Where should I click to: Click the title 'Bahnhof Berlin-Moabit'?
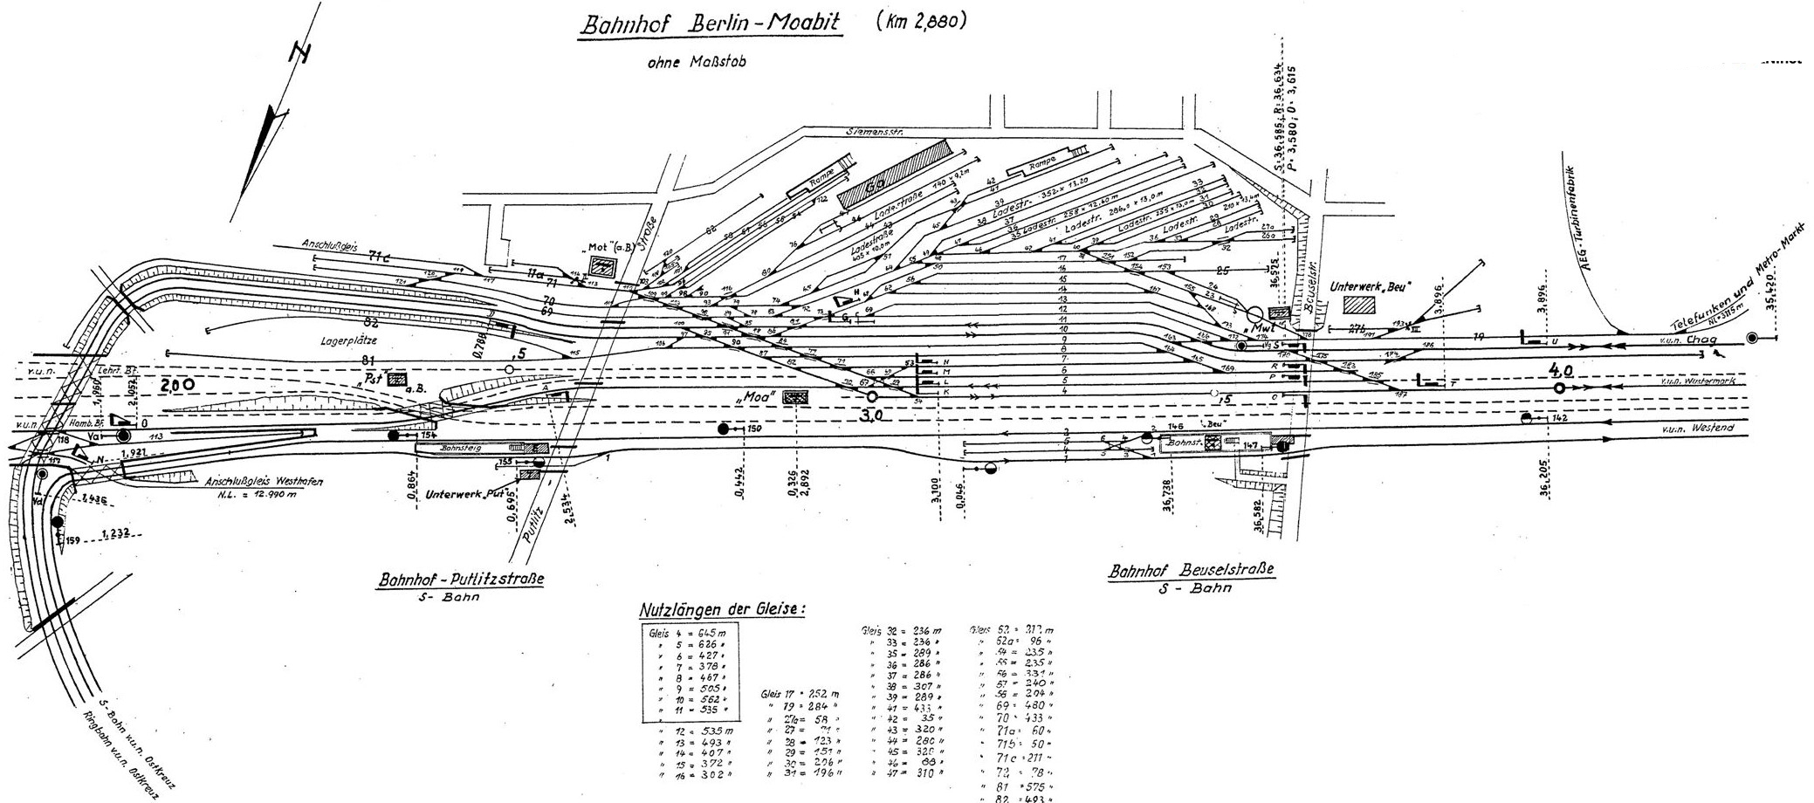pyautogui.click(x=709, y=24)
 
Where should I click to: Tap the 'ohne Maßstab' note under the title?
pyautogui.click(x=696, y=62)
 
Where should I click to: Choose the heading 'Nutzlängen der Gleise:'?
pyautogui.click(x=721, y=608)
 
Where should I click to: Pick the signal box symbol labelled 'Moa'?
pyautogui.click(x=794, y=396)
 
